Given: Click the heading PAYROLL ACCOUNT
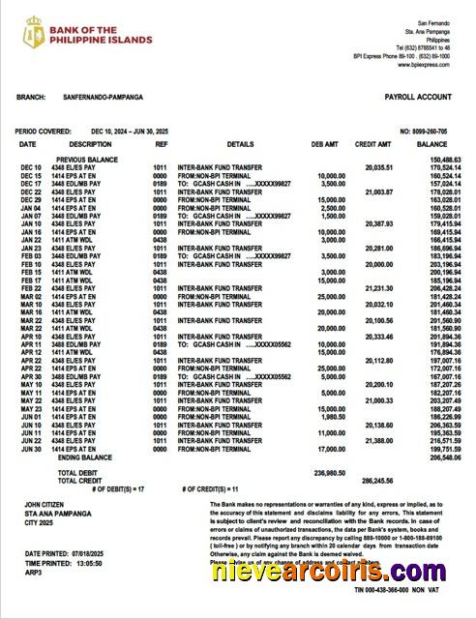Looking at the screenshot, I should [x=418, y=99].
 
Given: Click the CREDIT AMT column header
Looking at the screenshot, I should [x=372, y=144].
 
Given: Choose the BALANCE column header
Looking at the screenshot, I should [x=432, y=144].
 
